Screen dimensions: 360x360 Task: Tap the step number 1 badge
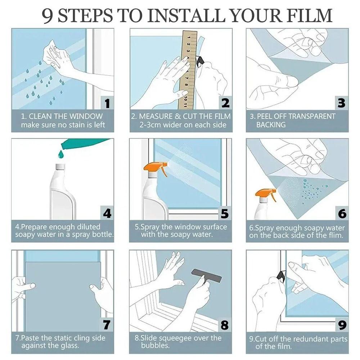click(x=107, y=103)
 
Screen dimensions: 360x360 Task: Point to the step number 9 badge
click(x=342, y=325)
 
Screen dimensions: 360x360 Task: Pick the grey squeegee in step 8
click(x=206, y=276)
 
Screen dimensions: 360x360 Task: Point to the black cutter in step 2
click(x=199, y=61)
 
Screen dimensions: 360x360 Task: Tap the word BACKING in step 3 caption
click(x=271, y=125)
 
